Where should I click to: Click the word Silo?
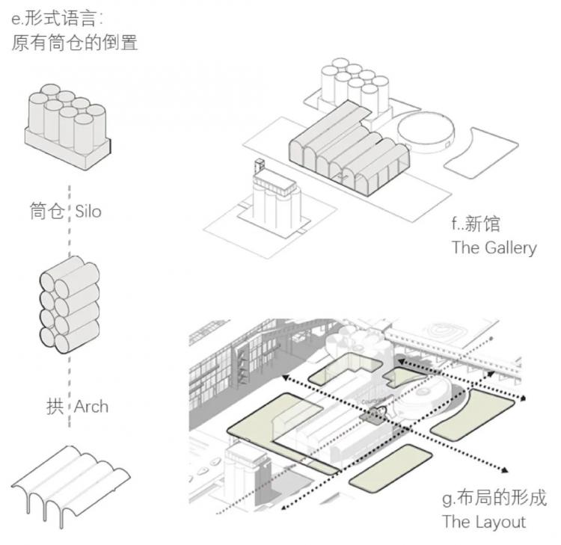point(88,212)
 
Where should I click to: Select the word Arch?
point(91,407)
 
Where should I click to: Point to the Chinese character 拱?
point(55,407)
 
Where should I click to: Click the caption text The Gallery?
point(494,247)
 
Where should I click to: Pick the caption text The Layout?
point(483,521)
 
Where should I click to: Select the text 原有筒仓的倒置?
point(75,43)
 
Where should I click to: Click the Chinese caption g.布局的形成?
point(494,498)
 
